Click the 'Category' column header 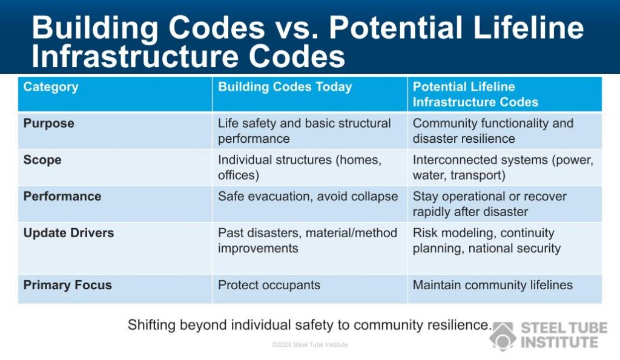click(51, 87)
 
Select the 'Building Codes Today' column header click(285, 87)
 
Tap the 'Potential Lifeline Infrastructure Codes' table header click(475, 94)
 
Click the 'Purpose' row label click(48, 123)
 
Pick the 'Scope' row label click(42, 160)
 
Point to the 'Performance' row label click(62, 197)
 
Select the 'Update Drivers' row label click(68, 233)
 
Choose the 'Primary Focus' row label click(67, 286)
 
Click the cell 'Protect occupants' click(269, 286)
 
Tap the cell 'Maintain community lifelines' click(492, 286)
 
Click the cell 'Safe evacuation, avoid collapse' click(308, 197)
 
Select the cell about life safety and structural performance click(304, 131)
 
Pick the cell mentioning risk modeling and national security click(486, 240)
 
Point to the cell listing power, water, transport click(503, 168)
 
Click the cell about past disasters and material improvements click(307, 240)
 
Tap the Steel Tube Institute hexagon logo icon click(503, 336)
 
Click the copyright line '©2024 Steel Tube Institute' click(309, 345)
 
